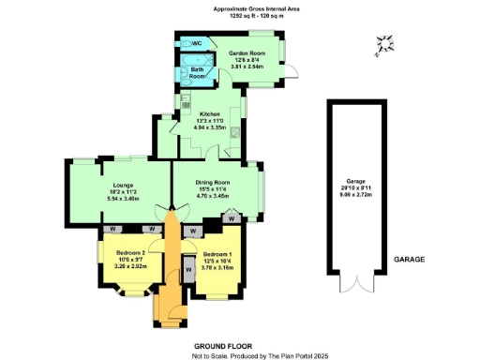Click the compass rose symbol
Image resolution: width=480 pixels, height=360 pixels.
point(383,44)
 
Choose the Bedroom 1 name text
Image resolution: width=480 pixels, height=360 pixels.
point(218,254)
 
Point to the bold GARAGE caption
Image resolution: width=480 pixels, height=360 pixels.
point(409,259)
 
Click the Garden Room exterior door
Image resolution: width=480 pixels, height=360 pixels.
point(293,72)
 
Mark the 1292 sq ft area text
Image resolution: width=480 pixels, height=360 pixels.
point(230,18)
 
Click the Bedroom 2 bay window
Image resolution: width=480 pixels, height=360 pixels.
point(102,266)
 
